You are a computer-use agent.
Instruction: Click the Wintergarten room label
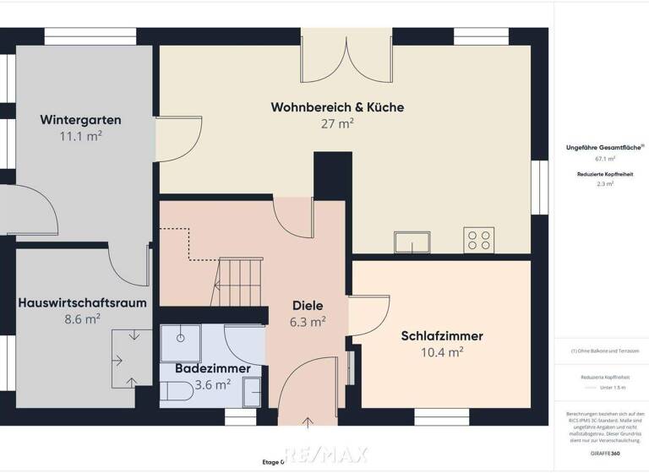click(80, 120)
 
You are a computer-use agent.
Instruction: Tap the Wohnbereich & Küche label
click(337, 107)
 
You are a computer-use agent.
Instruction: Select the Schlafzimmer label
click(442, 336)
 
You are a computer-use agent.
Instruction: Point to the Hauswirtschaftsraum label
click(82, 302)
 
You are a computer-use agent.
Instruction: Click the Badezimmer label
click(212, 369)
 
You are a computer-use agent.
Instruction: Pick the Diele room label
click(308, 306)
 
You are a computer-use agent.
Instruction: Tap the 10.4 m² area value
click(442, 352)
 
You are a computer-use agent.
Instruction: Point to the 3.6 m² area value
click(212, 384)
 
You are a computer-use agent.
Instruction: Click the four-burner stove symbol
click(479, 241)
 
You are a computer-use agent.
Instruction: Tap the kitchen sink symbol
click(412, 242)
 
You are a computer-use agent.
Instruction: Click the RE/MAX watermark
click(324, 454)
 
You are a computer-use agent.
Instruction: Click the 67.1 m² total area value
click(605, 158)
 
